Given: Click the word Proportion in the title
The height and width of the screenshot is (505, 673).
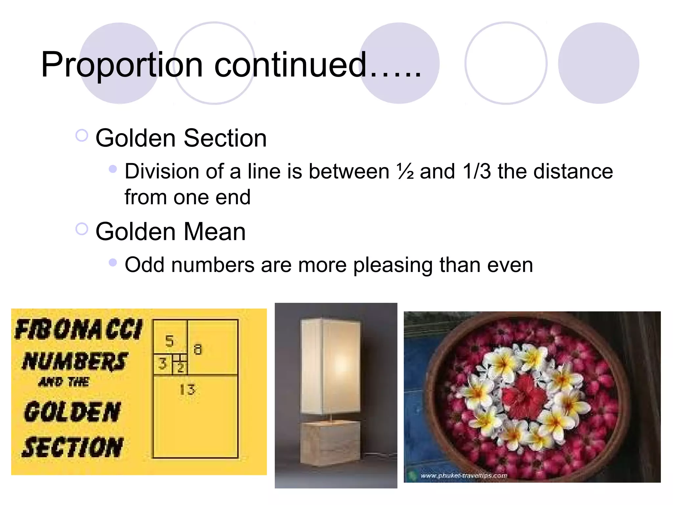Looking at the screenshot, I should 122,65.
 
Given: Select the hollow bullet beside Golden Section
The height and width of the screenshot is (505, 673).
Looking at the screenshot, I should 81,135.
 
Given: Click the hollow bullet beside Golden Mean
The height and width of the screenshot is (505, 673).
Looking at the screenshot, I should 81,229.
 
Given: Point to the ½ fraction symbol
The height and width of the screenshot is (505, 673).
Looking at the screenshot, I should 405,171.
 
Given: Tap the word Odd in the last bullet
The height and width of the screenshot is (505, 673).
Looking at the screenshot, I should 144,265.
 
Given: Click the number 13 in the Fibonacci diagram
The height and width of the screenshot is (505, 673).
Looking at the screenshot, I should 188,390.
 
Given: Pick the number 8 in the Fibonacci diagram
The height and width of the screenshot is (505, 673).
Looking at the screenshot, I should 197,349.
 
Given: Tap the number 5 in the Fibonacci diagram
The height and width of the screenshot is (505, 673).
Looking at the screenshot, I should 169,341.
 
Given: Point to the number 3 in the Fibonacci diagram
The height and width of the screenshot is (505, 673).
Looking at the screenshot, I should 162,364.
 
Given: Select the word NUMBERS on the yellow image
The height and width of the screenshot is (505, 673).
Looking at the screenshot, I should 75,361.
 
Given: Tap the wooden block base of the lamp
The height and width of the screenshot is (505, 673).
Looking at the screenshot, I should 331,443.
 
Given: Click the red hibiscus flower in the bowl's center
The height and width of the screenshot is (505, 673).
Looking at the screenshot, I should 524,394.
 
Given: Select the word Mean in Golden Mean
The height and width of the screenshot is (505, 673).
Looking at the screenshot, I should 215,232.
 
